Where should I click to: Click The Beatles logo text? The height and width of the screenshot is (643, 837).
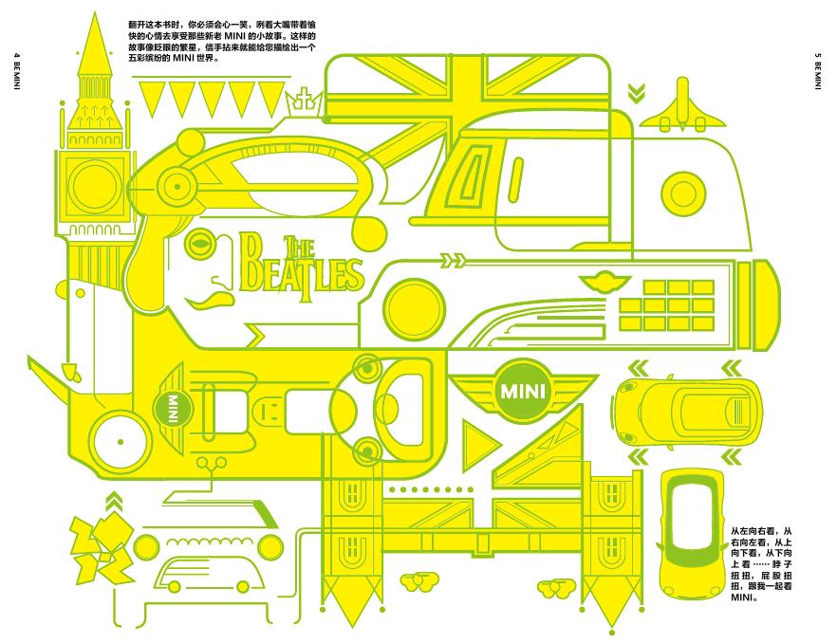pyautogui.click(x=302, y=268)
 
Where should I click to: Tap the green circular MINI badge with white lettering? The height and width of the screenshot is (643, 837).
pyautogui.click(x=523, y=390)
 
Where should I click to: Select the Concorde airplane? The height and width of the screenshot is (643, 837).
pyautogui.click(x=682, y=107)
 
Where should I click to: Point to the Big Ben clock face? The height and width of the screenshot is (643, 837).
pyautogui.click(x=95, y=185)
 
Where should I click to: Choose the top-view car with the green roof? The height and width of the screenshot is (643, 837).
pyautogui.click(x=692, y=534)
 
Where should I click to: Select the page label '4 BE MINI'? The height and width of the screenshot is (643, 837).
pyautogui.click(x=16, y=70)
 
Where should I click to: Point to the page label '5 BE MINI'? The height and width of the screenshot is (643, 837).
pyautogui.click(x=817, y=70)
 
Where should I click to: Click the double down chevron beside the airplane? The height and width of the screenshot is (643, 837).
pyautogui.click(x=636, y=93)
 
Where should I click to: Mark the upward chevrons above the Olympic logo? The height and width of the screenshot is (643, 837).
pyautogui.click(x=113, y=503)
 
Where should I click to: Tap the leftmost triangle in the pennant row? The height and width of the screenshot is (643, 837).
pyautogui.click(x=152, y=99)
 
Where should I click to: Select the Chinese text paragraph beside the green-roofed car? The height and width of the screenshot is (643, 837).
pyautogui.click(x=761, y=564)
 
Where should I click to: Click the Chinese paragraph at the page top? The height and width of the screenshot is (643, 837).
pyautogui.click(x=222, y=42)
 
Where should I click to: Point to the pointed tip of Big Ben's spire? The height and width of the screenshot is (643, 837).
pyautogui.click(x=95, y=13)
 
